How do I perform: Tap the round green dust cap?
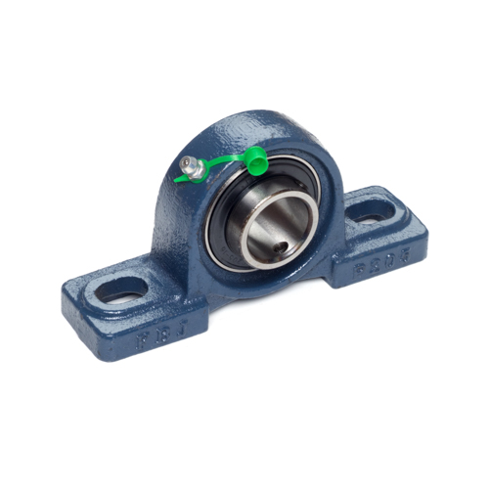tap(255, 160)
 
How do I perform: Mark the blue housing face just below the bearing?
tap(259, 284)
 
